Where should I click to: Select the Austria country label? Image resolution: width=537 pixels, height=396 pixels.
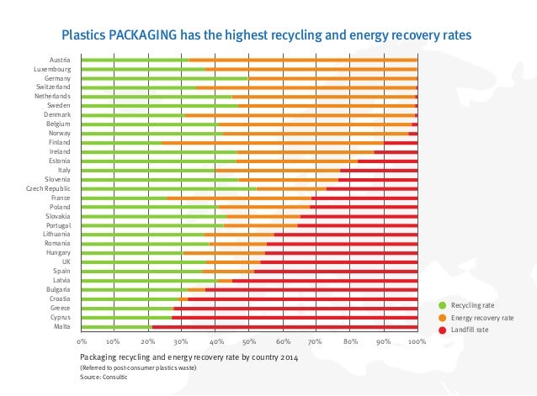(x=60, y=60)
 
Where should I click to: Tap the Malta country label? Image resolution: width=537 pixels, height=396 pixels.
(x=61, y=327)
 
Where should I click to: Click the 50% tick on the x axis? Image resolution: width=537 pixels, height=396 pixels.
(x=249, y=342)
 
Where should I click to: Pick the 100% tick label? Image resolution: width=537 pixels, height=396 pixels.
(x=417, y=342)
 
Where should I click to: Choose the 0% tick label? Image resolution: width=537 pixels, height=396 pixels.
(x=82, y=342)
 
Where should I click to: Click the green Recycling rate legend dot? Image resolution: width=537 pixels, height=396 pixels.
(x=442, y=304)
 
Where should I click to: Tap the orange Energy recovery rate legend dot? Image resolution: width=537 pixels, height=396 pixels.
(x=442, y=318)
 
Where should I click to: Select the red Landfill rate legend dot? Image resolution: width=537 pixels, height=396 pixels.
(x=442, y=331)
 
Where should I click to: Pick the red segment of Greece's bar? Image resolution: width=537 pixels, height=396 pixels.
(x=295, y=309)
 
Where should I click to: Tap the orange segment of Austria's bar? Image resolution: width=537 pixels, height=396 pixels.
(x=303, y=60)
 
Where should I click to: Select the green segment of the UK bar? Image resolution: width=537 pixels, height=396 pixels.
(x=143, y=262)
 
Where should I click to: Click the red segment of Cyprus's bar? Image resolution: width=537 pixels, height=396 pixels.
(x=295, y=318)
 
